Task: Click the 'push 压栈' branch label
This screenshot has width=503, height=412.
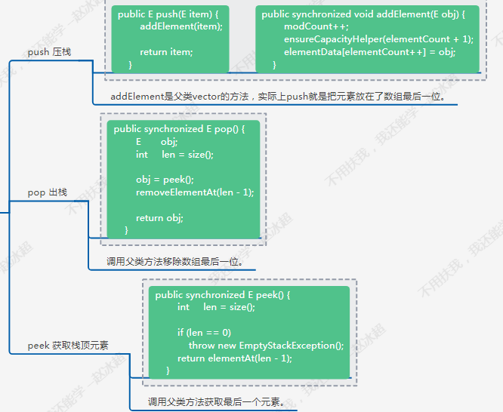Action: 49,52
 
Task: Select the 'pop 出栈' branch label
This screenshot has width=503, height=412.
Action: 48,192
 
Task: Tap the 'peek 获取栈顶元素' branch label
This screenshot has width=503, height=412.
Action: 68,346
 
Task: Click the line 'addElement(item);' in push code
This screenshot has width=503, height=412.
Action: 181,26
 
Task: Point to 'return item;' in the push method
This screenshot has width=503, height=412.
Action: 166,52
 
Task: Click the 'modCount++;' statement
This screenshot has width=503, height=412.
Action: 316,26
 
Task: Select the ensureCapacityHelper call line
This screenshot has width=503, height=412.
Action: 378,39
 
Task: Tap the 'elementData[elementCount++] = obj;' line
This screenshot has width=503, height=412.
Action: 369,52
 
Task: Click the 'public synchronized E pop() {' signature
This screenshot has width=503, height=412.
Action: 179,129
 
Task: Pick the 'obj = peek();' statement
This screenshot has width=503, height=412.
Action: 165,180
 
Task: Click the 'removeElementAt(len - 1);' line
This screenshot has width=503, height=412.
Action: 195,192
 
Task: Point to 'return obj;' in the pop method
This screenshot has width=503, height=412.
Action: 159,218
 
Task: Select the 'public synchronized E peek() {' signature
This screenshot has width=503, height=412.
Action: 223,295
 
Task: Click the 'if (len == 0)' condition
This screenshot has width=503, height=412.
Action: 204,333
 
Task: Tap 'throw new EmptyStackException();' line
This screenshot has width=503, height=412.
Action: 267,346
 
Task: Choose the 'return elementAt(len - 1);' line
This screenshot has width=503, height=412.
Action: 235,358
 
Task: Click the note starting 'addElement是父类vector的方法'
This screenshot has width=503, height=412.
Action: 278,96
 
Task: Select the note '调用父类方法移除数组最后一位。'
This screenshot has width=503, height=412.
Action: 174,262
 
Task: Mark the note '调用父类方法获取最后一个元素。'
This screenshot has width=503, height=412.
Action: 217,401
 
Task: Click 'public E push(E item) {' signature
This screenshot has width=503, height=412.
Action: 168,14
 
